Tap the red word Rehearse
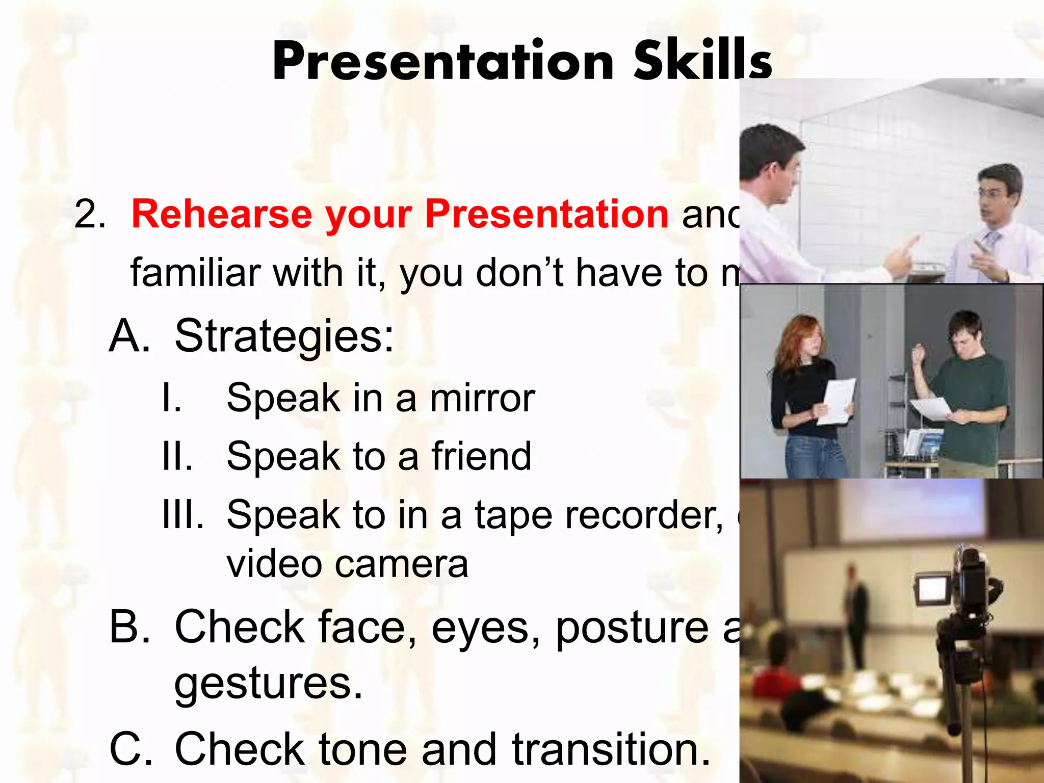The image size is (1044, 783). click(221, 215)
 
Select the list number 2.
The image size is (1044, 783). click(89, 215)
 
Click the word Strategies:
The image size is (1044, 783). click(284, 336)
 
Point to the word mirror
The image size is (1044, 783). click(482, 399)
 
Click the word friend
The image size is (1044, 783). click(481, 456)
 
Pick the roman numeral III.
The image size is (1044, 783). click(182, 515)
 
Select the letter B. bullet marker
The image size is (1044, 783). click(130, 627)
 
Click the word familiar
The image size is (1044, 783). click(196, 273)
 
